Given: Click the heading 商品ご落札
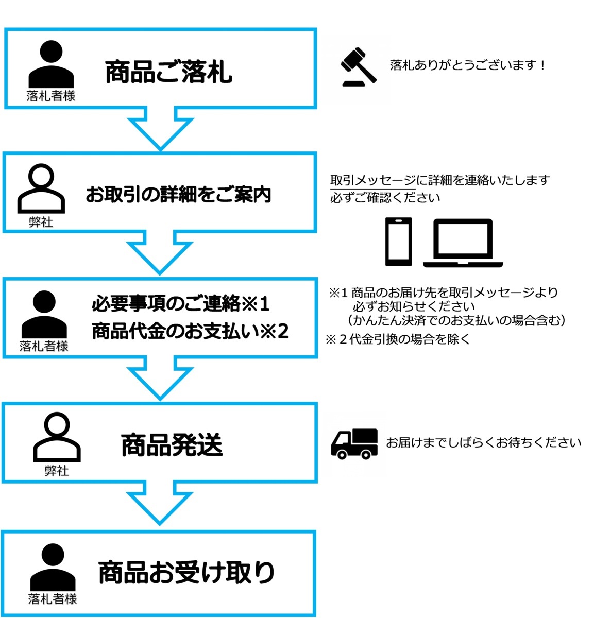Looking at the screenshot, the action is [x=168, y=72].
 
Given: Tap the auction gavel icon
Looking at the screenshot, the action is [x=358, y=66].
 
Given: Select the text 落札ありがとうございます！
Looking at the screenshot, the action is [x=467, y=65].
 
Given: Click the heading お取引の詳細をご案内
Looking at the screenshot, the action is [x=178, y=194].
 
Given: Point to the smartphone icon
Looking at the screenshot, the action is [x=398, y=242].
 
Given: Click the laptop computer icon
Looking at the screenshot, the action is [x=463, y=243].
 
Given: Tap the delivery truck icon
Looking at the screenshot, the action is [x=354, y=443].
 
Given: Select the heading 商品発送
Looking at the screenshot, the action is [x=172, y=445].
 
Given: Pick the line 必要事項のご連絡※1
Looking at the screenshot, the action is [x=180, y=304].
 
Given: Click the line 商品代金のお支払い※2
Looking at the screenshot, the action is [x=190, y=331].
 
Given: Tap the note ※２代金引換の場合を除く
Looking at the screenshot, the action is [x=398, y=339].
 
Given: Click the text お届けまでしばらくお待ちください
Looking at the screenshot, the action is [x=483, y=442].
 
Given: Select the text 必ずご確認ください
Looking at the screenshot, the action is [x=385, y=198].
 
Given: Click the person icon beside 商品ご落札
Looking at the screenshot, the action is [x=51, y=64].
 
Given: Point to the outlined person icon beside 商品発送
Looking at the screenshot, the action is [x=57, y=437].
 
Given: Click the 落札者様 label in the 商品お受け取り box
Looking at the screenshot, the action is [x=53, y=598].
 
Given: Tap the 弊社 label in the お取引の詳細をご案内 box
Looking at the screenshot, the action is [x=41, y=222].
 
